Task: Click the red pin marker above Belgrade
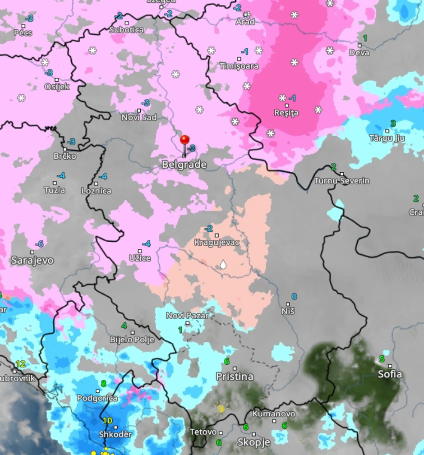pos(184,140)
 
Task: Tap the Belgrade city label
pos(184,165)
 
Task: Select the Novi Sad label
pos(139,117)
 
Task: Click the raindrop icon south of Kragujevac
pos(223,264)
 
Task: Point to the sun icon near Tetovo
pos(221,408)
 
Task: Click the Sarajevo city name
pos(32,260)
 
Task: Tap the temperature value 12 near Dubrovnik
pos(20,364)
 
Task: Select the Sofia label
pos(390,374)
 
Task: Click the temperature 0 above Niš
pos(294,296)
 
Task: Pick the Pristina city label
pos(235,377)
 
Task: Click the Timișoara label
pos(239,66)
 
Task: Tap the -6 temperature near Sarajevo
pos(39,244)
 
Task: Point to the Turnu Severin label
pos(341,181)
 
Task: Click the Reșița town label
pos(286,113)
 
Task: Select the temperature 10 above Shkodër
pos(107,420)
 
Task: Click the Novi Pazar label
pos(187,316)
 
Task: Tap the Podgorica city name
pos(97,398)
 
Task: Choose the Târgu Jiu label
pos(387,138)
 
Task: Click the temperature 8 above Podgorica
pos(103,384)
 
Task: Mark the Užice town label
pos(139,258)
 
